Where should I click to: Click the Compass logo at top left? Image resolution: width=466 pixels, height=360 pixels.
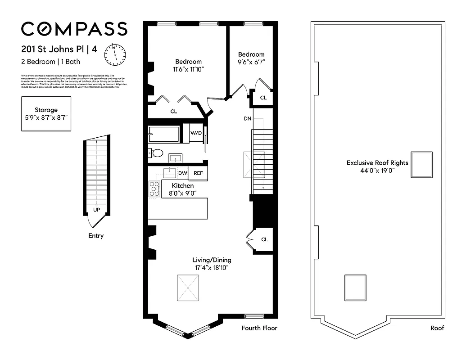(74, 29)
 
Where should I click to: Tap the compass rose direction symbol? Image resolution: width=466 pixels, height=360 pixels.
(115, 54)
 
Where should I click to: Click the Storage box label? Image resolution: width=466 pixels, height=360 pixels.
(46, 110)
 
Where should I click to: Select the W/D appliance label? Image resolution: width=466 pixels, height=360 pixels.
(196, 133)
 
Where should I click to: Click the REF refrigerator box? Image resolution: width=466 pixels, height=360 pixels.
(198, 173)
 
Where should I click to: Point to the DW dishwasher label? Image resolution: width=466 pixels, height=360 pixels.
(182, 173)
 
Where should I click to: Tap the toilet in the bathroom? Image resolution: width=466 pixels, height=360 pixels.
(157, 153)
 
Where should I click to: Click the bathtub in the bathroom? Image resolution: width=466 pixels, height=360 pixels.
(164, 134)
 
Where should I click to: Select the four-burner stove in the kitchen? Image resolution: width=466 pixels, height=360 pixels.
(155, 189)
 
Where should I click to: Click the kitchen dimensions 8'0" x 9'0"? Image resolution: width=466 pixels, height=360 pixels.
(183, 193)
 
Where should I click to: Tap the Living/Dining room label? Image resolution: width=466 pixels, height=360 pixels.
(212, 260)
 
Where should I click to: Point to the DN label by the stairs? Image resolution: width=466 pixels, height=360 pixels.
(247, 119)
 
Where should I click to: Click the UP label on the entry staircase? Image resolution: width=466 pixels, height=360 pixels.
(96, 210)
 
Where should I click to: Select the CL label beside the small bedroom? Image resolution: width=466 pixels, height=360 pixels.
(263, 98)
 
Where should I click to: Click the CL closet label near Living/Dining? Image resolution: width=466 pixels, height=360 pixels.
(264, 239)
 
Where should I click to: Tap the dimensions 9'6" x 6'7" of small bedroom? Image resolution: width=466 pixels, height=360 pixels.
(251, 63)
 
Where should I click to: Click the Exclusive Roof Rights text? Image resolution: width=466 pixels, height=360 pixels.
(377, 163)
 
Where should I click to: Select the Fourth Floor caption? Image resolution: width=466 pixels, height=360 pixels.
(259, 328)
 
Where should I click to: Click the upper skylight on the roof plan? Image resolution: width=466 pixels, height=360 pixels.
(422, 165)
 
